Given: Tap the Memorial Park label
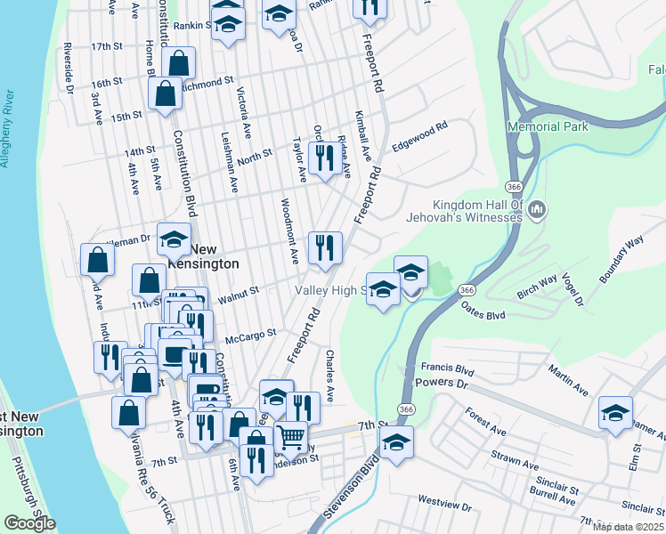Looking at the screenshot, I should tap(548, 127).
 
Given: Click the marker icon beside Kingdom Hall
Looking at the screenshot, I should tap(536, 210).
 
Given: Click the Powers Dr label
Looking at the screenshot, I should tap(443, 384).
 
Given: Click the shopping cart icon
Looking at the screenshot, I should tap(290, 437).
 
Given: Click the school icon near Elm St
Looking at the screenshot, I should tap(615, 412).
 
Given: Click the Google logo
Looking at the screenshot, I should tap(29, 523).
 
